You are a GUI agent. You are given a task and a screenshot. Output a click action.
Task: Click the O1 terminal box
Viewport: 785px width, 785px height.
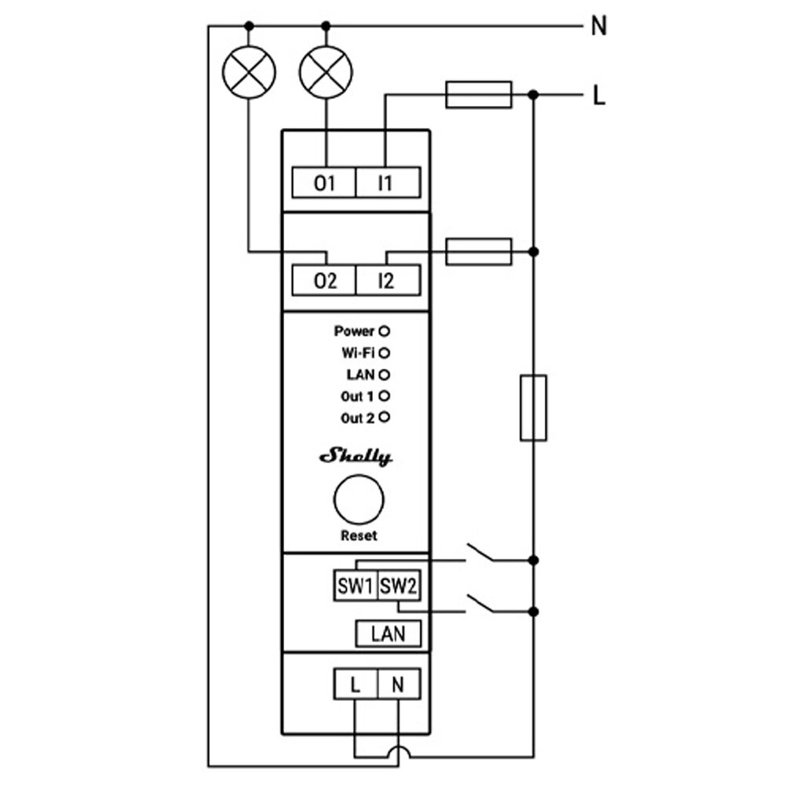[x=324, y=184]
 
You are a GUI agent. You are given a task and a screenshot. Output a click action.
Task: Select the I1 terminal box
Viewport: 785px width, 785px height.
[x=388, y=184]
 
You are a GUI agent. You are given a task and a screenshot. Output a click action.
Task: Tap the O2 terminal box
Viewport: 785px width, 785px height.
[x=324, y=280]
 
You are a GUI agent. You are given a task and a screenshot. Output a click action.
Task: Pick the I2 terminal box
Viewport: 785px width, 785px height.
[x=388, y=280]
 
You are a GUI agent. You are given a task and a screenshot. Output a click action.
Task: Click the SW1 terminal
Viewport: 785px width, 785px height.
[x=355, y=586]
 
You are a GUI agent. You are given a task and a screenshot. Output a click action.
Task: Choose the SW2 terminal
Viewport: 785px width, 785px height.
[x=398, y=586]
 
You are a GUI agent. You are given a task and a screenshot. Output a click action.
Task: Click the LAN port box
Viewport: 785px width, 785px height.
[x=388, y=633]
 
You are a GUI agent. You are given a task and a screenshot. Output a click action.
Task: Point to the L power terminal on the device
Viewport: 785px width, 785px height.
[x=356, y=685]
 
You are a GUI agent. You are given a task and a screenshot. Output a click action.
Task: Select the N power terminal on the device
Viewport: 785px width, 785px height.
[x=398, y=685]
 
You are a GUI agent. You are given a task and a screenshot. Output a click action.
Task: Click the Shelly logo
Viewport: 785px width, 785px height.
[x=356, y=458]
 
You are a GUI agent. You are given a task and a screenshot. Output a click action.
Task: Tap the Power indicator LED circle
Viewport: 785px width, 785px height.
[x=385, y=331]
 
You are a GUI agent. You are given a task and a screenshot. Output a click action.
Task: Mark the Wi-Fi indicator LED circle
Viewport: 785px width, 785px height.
[x=385, y=352]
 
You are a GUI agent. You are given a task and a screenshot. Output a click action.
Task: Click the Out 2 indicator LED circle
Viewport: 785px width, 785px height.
[x=385, y=418]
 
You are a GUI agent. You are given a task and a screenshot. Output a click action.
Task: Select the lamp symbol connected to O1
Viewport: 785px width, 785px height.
[x=325, y=73]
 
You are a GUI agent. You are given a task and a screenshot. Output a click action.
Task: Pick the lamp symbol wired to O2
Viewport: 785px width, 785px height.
[x=249, y=73]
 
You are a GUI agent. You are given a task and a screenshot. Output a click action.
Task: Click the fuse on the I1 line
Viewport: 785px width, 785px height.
[x=478, y=94]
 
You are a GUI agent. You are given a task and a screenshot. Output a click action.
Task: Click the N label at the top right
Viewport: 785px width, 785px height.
[x=599, y=27]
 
